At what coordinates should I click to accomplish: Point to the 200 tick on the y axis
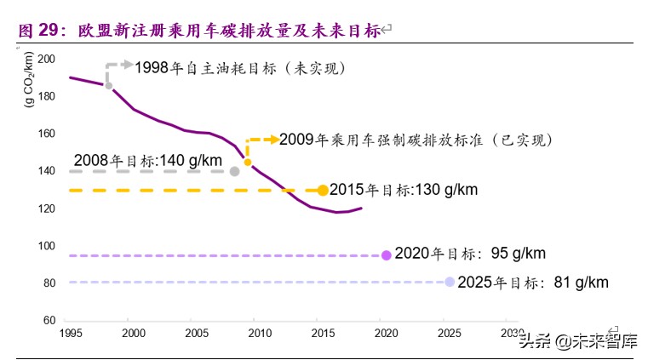tap(46, 59)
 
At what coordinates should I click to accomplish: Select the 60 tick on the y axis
tap(49, 321)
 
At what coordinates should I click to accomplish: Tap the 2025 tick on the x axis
tap(447, 333)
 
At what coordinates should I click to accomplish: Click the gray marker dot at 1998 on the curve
tap(108, 85)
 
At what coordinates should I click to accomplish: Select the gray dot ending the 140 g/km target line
tap(235, 172)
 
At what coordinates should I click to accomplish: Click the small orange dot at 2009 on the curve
tap(248, 162)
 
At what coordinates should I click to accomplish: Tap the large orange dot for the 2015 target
tap(323, 191)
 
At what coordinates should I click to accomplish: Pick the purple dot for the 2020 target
tap(387, 254)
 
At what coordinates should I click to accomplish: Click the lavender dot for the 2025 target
tap(450, 282)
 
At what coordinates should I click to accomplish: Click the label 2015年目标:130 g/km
tap(403, 191)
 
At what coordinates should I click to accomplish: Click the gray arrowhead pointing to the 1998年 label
tap(128, 65)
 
